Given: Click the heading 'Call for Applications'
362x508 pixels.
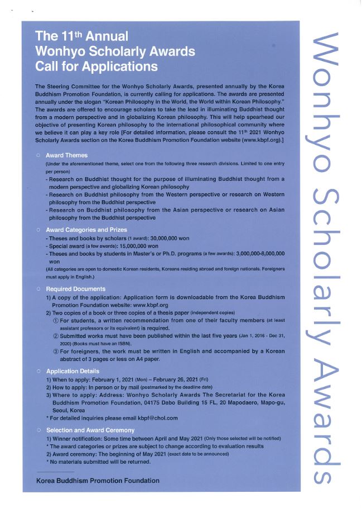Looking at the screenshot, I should [96, 67].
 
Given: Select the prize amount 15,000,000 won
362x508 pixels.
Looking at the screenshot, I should [134, 246].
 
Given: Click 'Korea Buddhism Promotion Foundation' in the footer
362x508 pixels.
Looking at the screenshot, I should [98, 481].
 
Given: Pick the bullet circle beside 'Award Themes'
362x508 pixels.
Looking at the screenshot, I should [38, 155].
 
